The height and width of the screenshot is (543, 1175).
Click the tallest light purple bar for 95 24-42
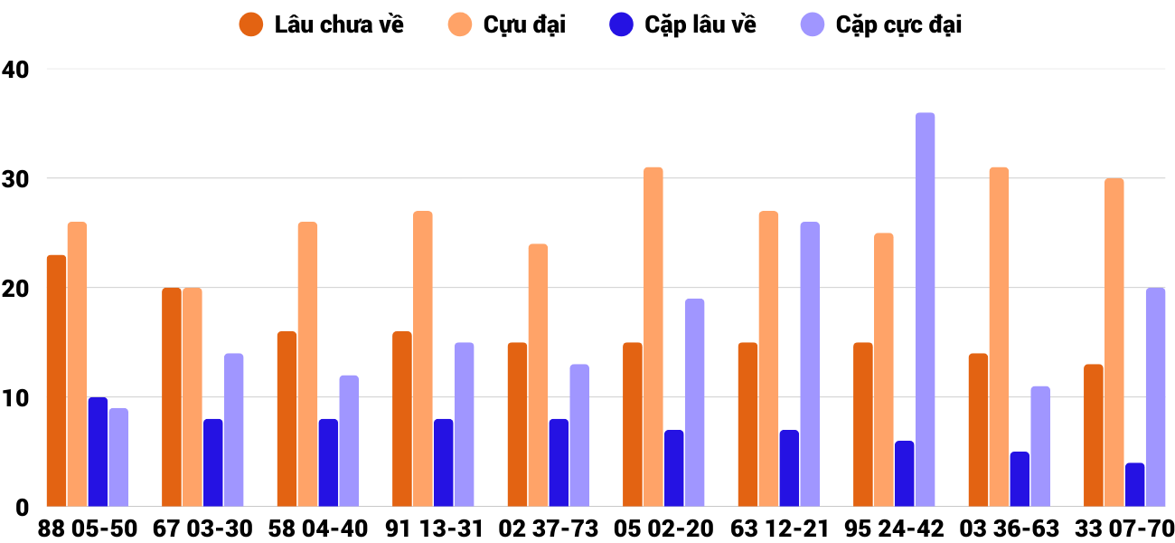point(925,310)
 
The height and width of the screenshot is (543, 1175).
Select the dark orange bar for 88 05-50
point(56,381)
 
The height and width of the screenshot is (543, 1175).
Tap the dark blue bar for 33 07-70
point(1134,485)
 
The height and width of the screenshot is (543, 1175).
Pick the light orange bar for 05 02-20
point(653,337)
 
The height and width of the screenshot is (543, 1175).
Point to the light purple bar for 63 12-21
point(809,364)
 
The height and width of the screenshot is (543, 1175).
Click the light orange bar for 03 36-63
point(999,337)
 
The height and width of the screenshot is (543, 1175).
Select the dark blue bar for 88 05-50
point(98,452)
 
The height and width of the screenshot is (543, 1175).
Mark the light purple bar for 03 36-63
point(1040,446)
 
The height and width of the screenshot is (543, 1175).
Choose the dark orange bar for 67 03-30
point(172,397)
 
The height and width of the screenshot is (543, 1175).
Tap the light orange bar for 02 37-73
point(538,376)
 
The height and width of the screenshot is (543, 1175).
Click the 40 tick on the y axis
point(15,69)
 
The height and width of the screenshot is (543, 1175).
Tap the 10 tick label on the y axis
point(15,398)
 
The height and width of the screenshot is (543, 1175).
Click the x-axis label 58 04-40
point(318,529)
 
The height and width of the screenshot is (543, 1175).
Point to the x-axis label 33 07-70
point(1124,529)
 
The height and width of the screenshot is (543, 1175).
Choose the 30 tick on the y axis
point(15,179)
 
